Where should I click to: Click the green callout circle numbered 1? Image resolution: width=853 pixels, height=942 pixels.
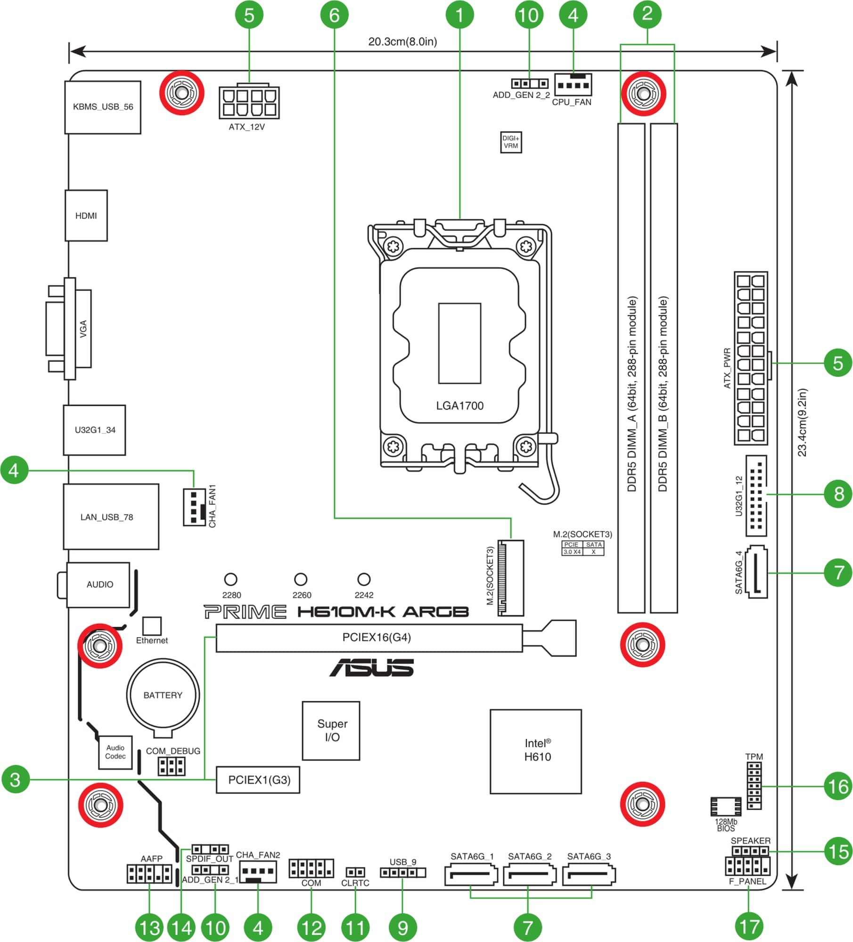tap(459, 15)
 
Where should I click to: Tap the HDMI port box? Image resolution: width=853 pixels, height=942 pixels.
tap(86, 215)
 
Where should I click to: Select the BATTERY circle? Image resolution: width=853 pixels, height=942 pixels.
tap(163, 695)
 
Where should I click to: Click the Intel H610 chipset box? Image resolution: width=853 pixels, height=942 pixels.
tap(536, 751)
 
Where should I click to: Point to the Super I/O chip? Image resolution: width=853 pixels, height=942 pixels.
tap(331, 730)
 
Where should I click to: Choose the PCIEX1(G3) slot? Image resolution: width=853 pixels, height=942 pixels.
tap(258, 779)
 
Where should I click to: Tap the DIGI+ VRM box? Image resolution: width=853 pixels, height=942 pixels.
tap(511, 142)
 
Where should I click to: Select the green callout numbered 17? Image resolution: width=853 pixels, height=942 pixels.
tap(749, 926)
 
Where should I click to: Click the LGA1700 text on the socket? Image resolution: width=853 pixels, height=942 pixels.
tap(459, 406)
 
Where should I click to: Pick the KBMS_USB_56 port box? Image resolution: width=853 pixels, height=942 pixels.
tap(103, 107)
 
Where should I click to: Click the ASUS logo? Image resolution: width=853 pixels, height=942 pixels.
tap(372, 667)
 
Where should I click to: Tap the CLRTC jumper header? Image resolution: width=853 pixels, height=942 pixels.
tap(355, 872)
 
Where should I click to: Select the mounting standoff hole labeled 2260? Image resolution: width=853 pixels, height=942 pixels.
tap(301, 579)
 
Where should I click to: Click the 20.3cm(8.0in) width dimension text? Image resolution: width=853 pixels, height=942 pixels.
tap(402, 41)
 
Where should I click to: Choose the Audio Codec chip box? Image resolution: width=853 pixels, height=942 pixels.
tap(115, 752)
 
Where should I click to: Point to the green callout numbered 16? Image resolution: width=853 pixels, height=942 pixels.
tap(838, 786)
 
